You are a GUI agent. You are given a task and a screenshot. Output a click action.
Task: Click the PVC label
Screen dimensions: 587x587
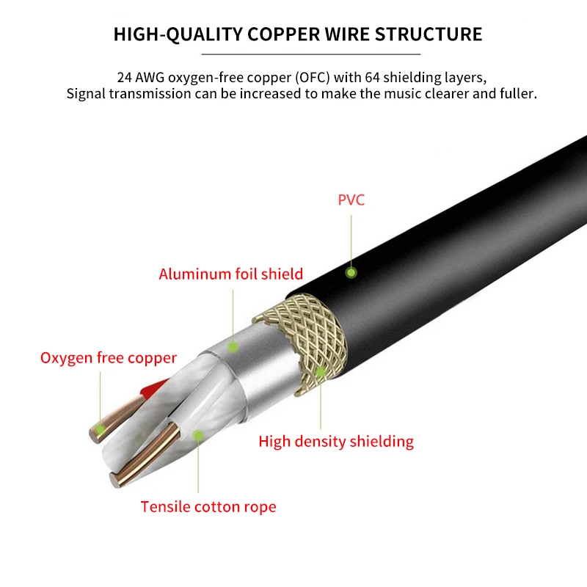(351, 200)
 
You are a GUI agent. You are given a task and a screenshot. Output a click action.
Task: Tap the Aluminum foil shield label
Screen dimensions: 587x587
(230, 274)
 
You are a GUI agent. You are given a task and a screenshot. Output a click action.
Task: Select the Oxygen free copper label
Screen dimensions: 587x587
(109, 358)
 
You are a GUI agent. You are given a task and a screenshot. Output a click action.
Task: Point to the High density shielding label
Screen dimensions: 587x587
(336, 442)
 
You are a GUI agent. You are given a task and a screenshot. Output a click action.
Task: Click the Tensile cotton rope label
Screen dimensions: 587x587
(208, 506)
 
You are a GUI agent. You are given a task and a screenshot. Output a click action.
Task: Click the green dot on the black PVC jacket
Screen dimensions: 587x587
(351, 272)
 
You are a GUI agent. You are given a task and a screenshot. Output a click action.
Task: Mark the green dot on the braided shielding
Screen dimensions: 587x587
(320, 372)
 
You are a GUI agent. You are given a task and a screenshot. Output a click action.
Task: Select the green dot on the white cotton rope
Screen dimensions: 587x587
(197, 434)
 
